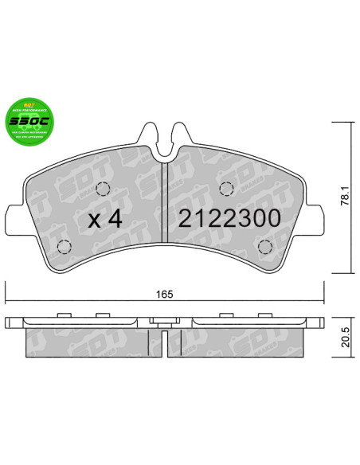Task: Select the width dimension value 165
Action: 164,294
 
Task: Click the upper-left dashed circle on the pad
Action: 101,189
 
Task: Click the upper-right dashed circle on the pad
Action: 225,189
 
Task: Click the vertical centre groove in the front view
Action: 163,207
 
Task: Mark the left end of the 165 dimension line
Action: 6,302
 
